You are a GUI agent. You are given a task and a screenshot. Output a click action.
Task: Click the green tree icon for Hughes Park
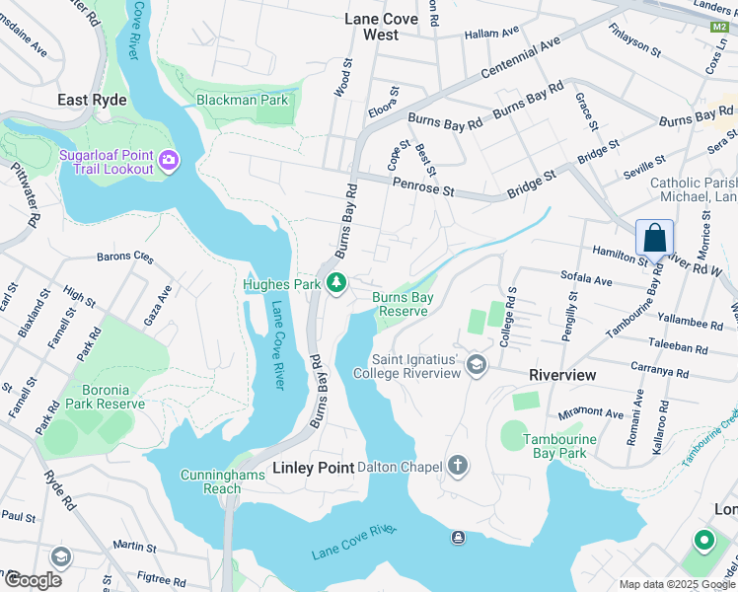pyautogui.click(x=337, y=284)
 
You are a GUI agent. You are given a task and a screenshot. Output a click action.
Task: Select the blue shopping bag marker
pyautogui.click(x=654, y=240)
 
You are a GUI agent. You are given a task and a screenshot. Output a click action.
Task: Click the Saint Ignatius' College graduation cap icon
pyautogui.click(x=477, y=366)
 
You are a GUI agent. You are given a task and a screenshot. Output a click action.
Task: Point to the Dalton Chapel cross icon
pyautogui.click(x=457, y=465)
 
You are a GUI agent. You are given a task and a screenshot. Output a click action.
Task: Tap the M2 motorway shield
pyautogui.click(x=718, y=27)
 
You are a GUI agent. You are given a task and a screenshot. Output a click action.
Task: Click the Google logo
pyautogui.click(x=32, y=579)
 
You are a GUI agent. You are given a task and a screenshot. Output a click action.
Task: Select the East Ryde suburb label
pyautogui.click(x=92, y=100)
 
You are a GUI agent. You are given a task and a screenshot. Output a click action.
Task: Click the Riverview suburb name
pyautogui.click(x=562, y=376)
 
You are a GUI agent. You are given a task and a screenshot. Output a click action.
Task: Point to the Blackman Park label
pyautogui.click(x=242, y=100)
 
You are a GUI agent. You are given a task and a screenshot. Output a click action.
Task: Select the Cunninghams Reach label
pyautogui.click(x=210, y=481)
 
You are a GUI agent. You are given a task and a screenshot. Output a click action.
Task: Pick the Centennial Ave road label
pyautogui.click(x=520, y=61)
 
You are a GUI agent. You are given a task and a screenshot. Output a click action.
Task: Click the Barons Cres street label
pyautogui.click(x=125, y=258)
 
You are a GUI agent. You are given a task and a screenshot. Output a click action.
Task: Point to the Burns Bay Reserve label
pyautogui.click(x=402, y=304)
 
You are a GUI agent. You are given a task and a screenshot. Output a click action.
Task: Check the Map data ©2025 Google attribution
pyautogui.click(x=675, y=583)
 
